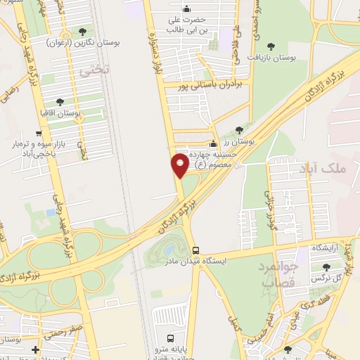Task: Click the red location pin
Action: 180,165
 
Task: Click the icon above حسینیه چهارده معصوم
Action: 214,143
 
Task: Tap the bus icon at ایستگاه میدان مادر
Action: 197,250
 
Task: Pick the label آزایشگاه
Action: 328,250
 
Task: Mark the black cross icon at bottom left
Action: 35,349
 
